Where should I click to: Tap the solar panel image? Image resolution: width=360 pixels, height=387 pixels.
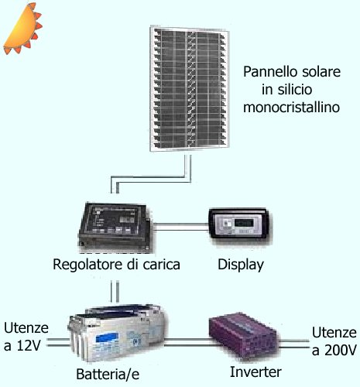click(x=190, y=88)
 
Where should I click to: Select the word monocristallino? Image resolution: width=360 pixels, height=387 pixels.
click(x=291, y=108)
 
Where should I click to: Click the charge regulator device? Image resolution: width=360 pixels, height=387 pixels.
click(x=115, y=227)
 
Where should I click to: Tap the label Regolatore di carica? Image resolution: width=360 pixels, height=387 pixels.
click(x=116, y=265)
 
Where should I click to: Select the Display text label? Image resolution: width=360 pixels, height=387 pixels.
click(x=241, y=265)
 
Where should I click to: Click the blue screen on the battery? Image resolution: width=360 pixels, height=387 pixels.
click(x=107, y=337)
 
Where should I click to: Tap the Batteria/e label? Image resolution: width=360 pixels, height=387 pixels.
click(x=108, y=375)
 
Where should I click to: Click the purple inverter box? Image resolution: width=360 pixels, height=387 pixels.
click(x=242, y=335)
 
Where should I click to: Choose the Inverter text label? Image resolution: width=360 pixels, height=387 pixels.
click(x=255, y=372)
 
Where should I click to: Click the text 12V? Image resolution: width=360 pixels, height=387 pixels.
click(x=29, y=346)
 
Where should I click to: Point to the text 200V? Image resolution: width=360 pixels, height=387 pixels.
click(x=341, y=351)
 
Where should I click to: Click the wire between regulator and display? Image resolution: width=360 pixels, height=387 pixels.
click(x=180, y=227)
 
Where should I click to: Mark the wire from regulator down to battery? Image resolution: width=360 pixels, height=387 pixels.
click(x=115, y=292)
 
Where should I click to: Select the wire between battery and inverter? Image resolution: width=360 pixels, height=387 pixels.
click(x=190, y=342)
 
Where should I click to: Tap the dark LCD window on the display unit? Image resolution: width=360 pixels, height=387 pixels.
click(x=244, y=222)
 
